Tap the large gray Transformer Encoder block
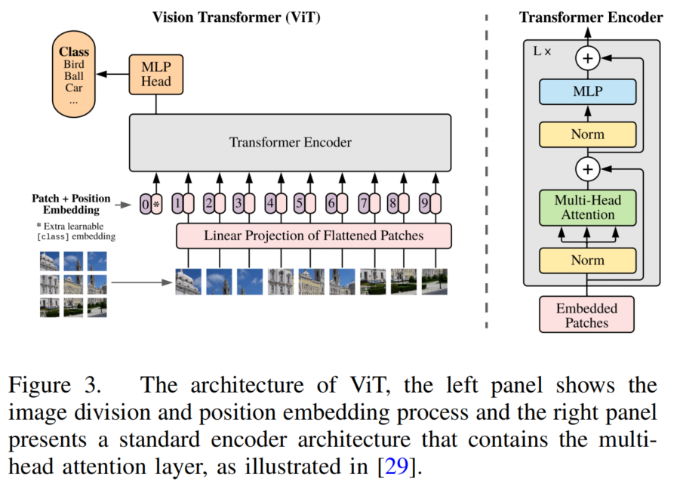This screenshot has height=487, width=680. click(x=290, y=142)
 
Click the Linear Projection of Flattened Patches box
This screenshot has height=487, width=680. click(x=313, y=236)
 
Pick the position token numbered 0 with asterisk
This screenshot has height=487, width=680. click(x=151, y=203)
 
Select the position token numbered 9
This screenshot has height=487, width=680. click(x=429, y=203)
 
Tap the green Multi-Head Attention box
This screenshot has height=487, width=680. click(x=587, y=208)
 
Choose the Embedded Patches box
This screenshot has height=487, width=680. click(x=586, y=315)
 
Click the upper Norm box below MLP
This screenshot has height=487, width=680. click(x=587, y=135)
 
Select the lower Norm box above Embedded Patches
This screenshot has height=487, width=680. click(x=587, y=260)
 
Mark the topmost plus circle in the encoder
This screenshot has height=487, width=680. click(x=587, y=58)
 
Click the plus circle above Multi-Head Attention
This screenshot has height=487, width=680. click(x=587, y=168)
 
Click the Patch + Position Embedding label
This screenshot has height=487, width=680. click(x=71, y=204)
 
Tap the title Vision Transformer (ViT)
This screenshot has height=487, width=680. click(x=236, y=17)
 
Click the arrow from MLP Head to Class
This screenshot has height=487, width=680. click(x=113, y=74)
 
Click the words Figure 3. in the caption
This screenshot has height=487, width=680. click(x=54, y=385)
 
